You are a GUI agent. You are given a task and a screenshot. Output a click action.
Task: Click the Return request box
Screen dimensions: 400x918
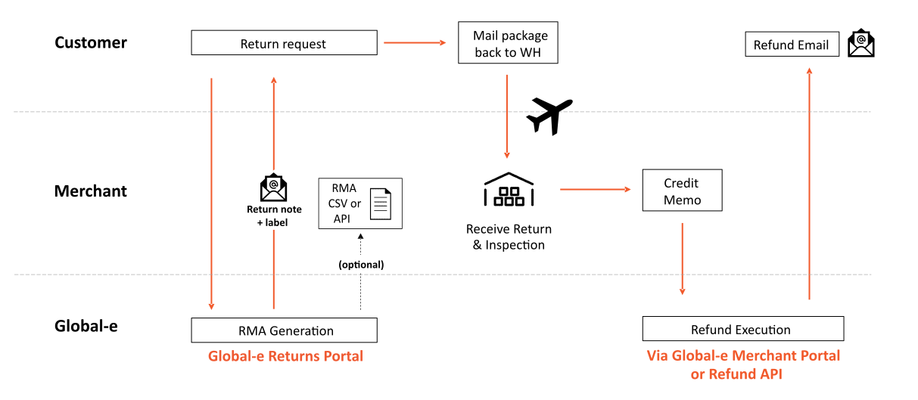284,43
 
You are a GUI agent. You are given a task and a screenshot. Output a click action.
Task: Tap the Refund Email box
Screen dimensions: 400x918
792,45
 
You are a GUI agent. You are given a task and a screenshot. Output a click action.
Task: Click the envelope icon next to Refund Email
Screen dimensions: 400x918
860,44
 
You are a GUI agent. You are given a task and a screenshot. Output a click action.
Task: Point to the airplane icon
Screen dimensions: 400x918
549,115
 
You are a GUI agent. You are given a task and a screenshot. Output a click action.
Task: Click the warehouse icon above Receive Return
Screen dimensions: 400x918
509,190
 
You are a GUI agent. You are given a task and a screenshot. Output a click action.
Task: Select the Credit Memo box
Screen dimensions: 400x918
682,191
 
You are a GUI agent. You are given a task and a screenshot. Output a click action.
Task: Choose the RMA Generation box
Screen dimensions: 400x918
284,330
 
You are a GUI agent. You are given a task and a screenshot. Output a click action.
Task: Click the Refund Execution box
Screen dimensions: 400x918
742,330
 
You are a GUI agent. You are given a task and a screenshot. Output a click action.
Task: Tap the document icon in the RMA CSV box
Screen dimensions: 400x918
381,204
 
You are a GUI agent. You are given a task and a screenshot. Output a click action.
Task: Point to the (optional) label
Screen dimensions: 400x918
361,265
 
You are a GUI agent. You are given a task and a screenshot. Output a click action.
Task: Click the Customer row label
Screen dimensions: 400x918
91,42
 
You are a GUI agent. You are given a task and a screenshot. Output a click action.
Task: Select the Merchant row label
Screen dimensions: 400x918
91,191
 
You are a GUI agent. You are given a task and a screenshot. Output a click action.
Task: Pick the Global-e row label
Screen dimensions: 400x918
86,327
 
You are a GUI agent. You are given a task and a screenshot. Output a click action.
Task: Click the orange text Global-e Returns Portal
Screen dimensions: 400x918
285,356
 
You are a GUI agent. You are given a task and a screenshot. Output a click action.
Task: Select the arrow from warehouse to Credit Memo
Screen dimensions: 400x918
596,189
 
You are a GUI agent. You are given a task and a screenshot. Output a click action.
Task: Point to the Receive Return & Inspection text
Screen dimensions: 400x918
509,237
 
